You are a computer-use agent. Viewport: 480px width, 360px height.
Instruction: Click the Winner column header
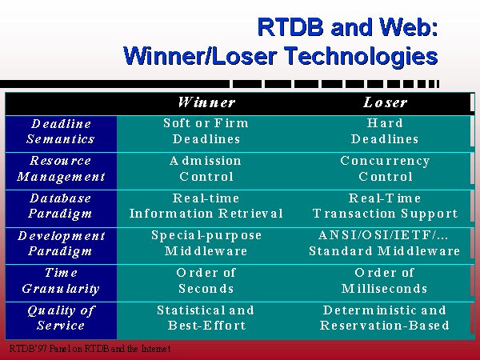click(206, 102)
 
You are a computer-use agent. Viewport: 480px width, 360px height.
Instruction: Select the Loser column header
click(385, 102)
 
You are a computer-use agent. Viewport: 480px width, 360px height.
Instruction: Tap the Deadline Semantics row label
click(61, 131)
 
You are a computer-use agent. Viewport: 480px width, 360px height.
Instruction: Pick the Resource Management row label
click(61, 169)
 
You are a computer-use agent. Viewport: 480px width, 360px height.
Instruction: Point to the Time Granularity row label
click(61, 281)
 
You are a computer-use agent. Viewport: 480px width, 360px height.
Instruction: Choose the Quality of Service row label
click(61, 318)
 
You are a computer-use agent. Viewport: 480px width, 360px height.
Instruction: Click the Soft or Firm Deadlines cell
click(206, 131)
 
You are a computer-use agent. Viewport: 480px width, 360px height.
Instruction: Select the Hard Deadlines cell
click(385, 131)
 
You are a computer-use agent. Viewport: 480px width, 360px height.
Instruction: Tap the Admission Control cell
click(206, 169)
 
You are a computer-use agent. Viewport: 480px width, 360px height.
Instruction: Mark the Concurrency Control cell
click(385, 169)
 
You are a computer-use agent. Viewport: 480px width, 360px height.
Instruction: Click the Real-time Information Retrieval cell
click(206, 206)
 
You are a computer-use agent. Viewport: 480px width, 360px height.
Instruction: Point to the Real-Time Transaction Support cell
click(385, 206)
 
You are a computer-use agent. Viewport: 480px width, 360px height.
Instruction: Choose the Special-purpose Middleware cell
click(206, 243)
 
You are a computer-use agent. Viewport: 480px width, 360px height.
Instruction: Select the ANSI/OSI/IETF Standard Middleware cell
click(385, 243)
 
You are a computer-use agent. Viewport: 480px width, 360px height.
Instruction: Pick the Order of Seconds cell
click(206, 281)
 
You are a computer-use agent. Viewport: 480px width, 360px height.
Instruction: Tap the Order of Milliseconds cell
click(385, 281)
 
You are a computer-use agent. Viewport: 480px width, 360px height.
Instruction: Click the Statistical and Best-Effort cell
click(206, 318)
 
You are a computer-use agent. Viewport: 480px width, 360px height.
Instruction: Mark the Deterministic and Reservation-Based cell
click(385, 318)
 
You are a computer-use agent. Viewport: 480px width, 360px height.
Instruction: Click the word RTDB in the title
click(290, 27)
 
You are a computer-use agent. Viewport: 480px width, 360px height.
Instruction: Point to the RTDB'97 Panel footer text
click(90, 349)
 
